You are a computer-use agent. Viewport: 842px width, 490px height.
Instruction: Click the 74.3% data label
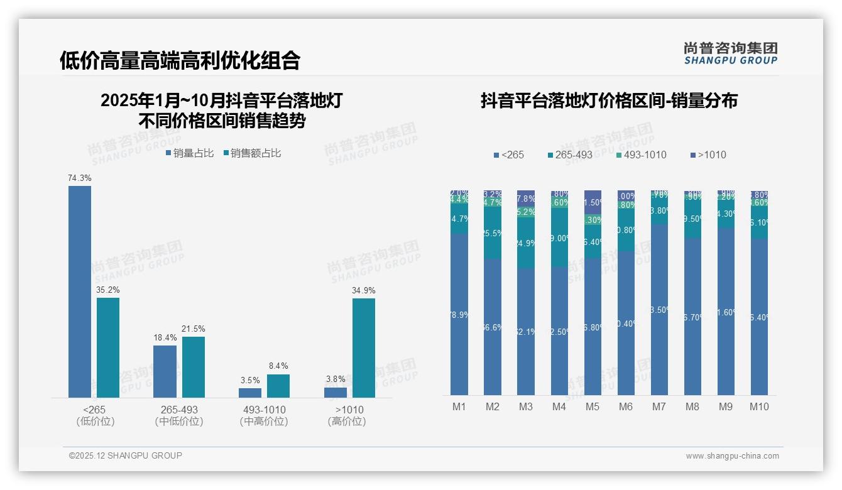tap(80, 178)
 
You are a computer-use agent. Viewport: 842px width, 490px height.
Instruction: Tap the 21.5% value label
tap(194, 329)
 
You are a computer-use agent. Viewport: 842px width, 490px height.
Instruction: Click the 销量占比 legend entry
tap(190, 153)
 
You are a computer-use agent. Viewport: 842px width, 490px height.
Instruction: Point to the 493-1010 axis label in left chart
tap(264, 410)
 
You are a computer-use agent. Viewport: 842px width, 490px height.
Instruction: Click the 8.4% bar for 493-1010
tap(278, 386)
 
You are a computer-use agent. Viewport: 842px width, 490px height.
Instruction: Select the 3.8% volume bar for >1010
tap(335, 392)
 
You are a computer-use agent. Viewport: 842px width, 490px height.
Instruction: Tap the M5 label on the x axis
tap(593, 406)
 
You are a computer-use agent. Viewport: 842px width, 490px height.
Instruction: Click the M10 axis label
tap(759, 406)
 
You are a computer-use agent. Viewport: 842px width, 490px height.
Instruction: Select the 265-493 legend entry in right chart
tap(569, 155)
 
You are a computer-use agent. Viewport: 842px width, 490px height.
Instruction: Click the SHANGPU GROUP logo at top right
tap(731, 53)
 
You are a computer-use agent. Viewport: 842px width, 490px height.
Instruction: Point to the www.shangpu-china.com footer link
tap(732, 456)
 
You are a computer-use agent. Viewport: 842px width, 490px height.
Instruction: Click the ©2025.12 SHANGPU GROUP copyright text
tap(126, 455)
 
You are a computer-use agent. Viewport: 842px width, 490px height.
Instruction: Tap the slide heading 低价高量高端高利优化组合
tap(180, 60)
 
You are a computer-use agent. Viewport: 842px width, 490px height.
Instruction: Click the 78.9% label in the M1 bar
tap(459, 315)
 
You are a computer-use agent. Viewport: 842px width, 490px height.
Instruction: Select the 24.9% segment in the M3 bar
tap(525, 243)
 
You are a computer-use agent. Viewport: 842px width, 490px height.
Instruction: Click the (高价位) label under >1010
tap(347, 422)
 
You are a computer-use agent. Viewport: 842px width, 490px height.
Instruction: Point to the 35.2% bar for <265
tap(107, 347)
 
